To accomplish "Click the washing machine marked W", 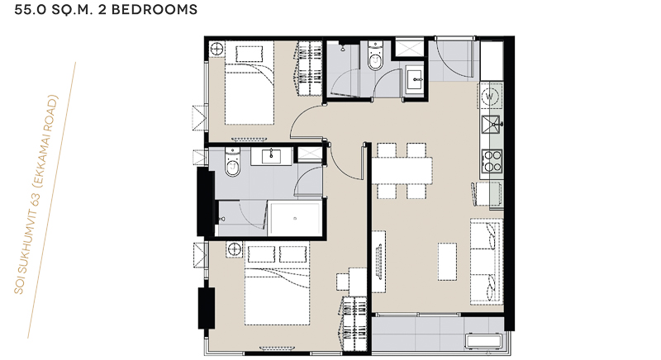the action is pos(490,97).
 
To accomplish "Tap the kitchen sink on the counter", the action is pos(491,125).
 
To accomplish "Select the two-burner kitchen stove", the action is pos(492,160).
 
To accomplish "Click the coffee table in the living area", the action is pos(447,261).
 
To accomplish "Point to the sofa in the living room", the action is pos(487,261).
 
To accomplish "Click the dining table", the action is pos(402,171).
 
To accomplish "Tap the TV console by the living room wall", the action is pos(378,261).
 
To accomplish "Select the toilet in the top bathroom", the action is pos(375,55).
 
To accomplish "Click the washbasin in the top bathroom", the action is pos(416,78).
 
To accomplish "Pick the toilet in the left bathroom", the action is pos(233,162).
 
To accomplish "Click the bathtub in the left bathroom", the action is pos(295,219).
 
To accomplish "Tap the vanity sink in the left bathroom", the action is pos(271,156).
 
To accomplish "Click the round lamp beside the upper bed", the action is pos(216,49).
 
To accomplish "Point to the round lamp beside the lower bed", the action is pos(235,249).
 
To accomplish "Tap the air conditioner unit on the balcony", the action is pos(483,341).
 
